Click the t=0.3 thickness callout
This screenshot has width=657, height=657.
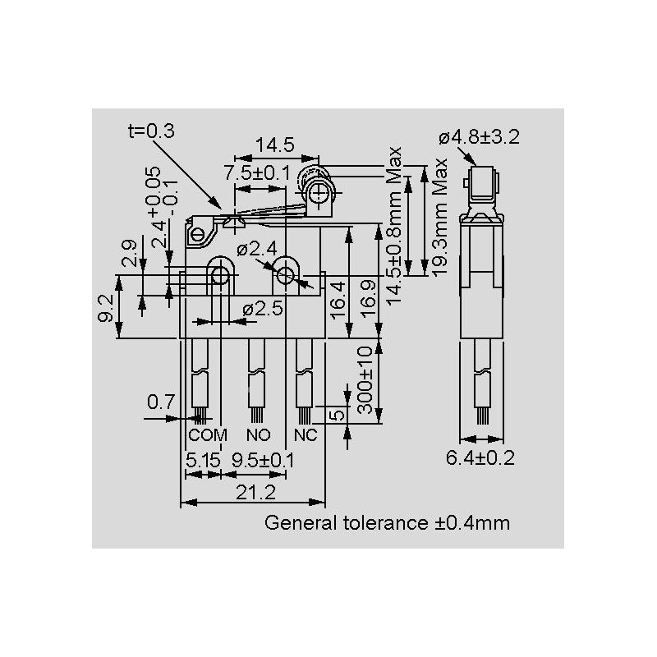click(x=151, y=131)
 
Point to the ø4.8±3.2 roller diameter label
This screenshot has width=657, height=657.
click(x=479, y=137)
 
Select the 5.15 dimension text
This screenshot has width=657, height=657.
click(x=202, y=460)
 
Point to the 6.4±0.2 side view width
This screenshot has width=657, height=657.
click(x=480, y=458)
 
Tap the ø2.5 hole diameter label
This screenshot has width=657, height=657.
click(x=264, y=310)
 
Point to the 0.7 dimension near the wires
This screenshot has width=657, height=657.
click(x=160, y=402)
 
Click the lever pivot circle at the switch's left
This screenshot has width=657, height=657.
click(x=198, y=237)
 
